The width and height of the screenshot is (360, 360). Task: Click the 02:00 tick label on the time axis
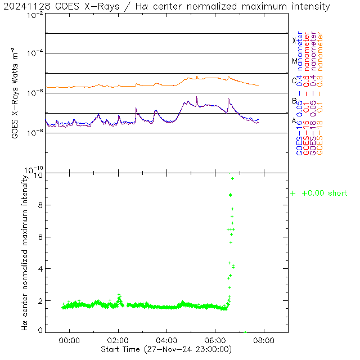118,340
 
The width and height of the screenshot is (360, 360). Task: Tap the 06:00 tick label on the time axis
215,340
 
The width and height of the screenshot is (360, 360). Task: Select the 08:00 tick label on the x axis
264,340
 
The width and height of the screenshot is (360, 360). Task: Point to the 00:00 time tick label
70,340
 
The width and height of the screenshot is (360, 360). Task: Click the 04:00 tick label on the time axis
167,340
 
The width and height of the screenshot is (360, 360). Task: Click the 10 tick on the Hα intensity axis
38,174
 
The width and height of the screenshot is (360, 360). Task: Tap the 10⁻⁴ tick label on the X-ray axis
35,53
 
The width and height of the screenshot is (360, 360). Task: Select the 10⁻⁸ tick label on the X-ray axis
35,133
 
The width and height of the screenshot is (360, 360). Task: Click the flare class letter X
294,40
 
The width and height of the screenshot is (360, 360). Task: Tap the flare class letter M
294,61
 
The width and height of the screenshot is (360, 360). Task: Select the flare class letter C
294,80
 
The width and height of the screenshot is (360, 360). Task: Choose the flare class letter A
294,120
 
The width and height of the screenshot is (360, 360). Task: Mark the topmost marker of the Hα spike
232,178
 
